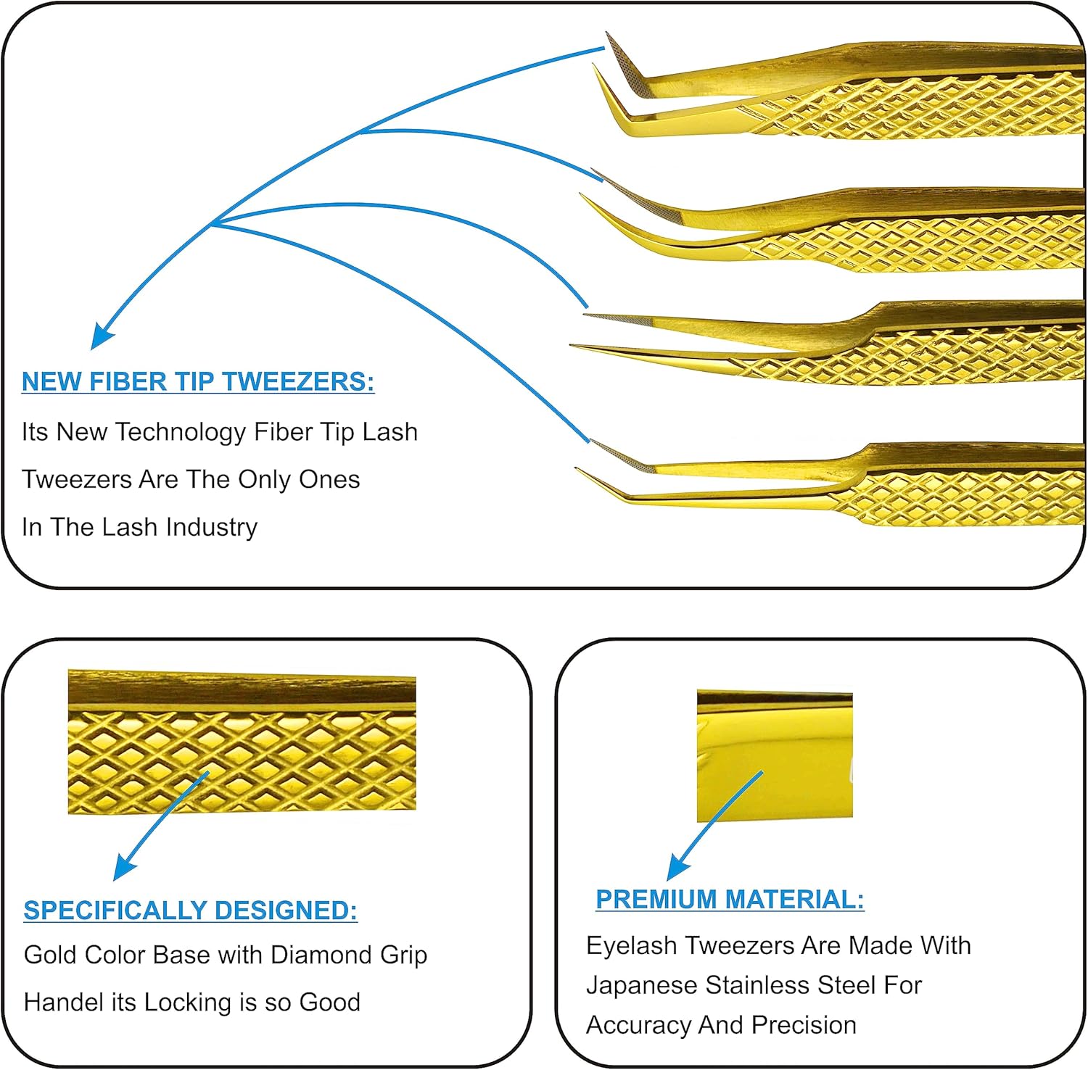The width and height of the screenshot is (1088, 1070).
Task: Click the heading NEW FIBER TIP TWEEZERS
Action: [197, 381]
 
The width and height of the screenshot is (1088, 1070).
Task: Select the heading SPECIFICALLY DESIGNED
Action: [190, 911]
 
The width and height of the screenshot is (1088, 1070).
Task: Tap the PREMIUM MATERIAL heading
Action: [729, 900]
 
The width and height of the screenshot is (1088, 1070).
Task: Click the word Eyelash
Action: [632, 946]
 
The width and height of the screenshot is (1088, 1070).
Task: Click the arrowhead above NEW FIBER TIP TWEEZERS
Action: [101, 338]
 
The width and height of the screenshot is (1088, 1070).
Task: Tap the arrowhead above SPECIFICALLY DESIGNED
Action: [124, 868]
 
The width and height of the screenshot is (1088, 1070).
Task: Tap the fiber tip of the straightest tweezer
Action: [617, 319]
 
